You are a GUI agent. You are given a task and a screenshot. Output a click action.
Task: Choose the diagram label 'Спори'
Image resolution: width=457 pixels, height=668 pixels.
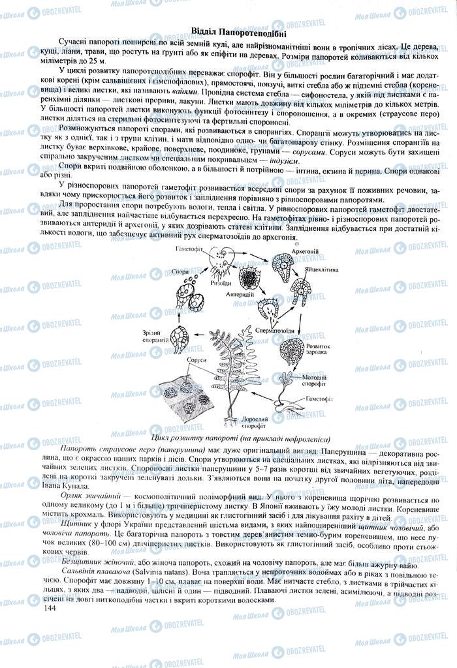(x=181, y=271)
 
